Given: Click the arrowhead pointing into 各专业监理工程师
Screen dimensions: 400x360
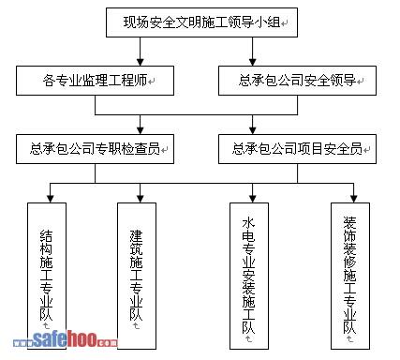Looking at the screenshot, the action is [141, 62].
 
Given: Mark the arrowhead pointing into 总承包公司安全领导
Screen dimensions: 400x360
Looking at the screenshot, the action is [253, 62].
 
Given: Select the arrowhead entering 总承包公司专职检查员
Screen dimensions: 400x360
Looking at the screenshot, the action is [141, 130].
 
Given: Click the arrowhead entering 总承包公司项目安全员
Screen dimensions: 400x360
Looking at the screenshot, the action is [253, 130].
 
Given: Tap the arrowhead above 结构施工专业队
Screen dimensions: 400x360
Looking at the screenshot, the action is [51, 199].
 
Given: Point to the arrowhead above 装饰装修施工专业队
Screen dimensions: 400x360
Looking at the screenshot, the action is [353, 199].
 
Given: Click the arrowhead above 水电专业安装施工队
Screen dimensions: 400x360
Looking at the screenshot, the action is [253, 199].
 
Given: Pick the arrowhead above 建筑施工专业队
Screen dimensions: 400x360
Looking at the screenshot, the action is [141, 199].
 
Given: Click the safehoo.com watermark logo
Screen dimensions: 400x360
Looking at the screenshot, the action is [66, 339].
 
